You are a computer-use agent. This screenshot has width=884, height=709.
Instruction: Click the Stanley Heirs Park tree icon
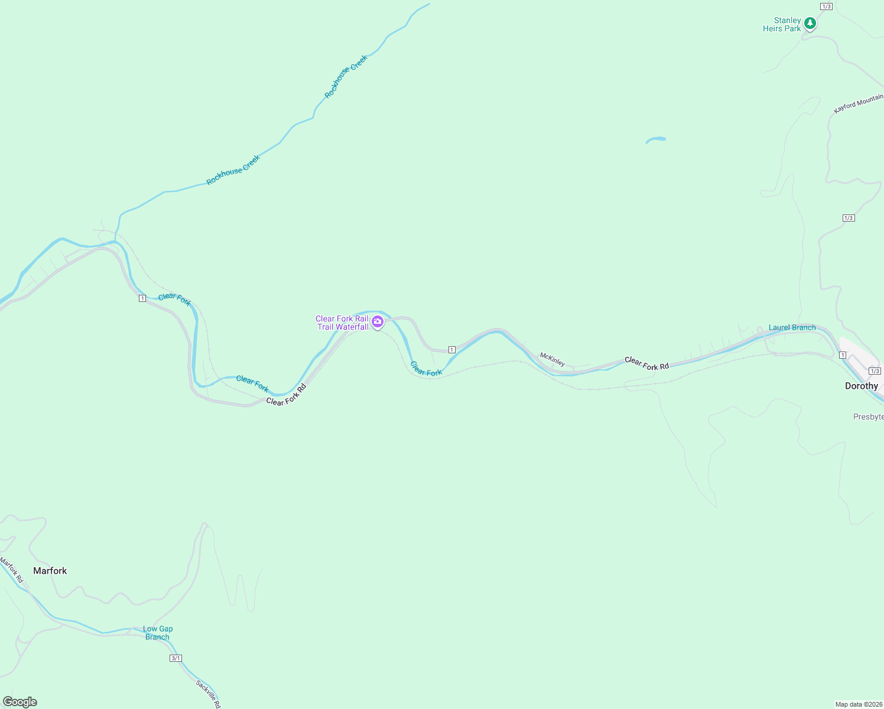tap(810, 23)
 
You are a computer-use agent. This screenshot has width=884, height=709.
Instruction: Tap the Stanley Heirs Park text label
tap(782, 24)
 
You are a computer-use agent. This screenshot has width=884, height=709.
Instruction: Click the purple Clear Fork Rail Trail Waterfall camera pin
tap(378, 321)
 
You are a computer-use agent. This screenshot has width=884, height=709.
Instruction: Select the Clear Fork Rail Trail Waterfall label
tap(342, 323)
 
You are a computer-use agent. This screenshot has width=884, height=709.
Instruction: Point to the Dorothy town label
tap(861, 386)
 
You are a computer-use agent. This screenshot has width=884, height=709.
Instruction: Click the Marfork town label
tap(50, 571)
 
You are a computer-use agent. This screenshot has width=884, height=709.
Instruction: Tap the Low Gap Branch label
tap(158, 633)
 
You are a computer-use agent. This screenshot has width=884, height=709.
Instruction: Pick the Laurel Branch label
tap(792, 327)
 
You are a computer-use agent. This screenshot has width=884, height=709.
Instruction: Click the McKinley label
tap(552, 359)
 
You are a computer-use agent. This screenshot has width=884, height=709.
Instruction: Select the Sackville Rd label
tap(209, 694)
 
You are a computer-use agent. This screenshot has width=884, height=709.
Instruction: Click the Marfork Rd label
tap(11, 570)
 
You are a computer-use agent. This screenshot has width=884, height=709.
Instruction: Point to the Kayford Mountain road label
tap(858, 103)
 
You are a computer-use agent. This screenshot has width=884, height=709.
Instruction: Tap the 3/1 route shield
tap(175, 658)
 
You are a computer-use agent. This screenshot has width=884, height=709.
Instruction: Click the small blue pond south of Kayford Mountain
tap(655, 140)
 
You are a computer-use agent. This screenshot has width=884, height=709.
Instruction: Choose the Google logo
tap(20, 702)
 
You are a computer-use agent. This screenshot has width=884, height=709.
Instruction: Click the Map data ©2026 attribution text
tap(859, 704)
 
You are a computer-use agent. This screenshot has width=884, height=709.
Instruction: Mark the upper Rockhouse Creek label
tap(346, 76)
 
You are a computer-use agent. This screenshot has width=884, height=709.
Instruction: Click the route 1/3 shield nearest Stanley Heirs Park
tap(826, 6)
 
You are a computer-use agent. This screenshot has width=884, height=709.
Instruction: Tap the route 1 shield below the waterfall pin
tap(452, 350)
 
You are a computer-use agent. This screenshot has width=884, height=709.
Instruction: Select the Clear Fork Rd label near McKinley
tap(646, 363)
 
